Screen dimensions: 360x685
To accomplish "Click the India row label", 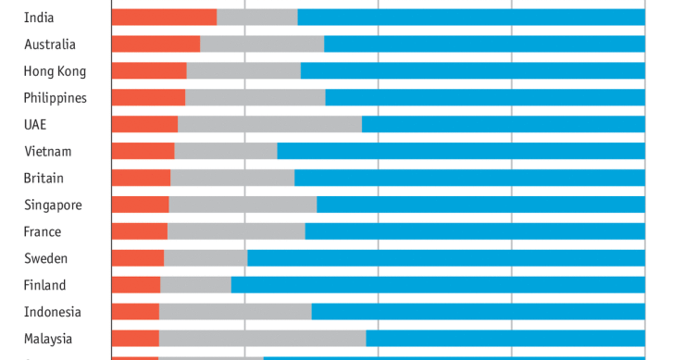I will point(39,17).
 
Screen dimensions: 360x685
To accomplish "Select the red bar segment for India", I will point(164,17).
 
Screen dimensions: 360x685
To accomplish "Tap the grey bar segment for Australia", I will point(262,43).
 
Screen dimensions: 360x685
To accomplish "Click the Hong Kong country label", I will point(55,70).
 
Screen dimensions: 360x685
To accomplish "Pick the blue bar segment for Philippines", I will point(485,97).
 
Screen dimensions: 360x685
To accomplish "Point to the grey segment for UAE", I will point(269,124).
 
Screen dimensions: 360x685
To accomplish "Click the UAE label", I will point(35,124).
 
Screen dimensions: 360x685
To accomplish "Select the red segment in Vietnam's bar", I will point(143,151).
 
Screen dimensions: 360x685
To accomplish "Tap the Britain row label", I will point(44,178).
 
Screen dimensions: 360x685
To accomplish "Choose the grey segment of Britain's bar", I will point(232,178).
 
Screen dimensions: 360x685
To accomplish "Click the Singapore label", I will point(53,205).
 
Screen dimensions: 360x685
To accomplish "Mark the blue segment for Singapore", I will point(480,205).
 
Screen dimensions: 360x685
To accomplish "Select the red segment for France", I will point(139,231).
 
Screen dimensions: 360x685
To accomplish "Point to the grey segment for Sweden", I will point(205,258).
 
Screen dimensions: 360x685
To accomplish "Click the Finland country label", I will point(45,285).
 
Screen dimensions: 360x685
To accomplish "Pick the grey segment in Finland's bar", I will point(195,285).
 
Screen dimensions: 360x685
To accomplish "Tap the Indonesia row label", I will point(53,312).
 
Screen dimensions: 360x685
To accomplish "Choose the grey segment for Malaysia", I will point(262,339).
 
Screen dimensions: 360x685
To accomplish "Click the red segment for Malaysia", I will point(135,339).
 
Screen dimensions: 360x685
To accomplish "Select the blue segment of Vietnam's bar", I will point(461,151).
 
